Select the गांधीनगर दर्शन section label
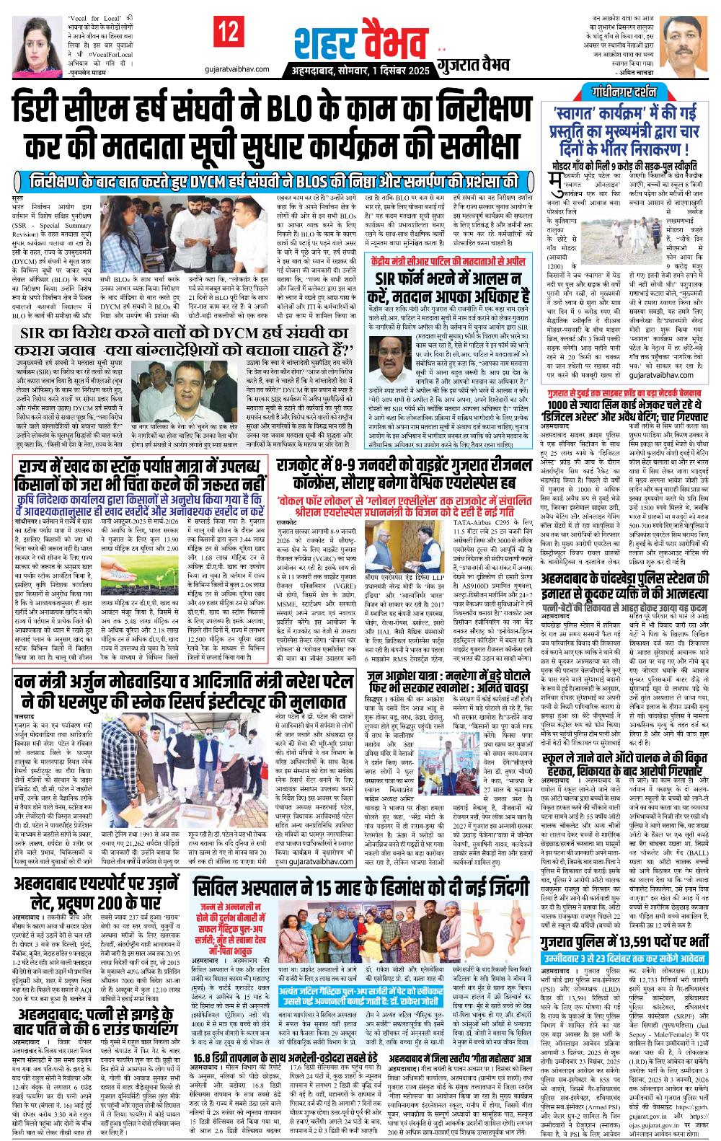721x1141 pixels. [626, 92]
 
